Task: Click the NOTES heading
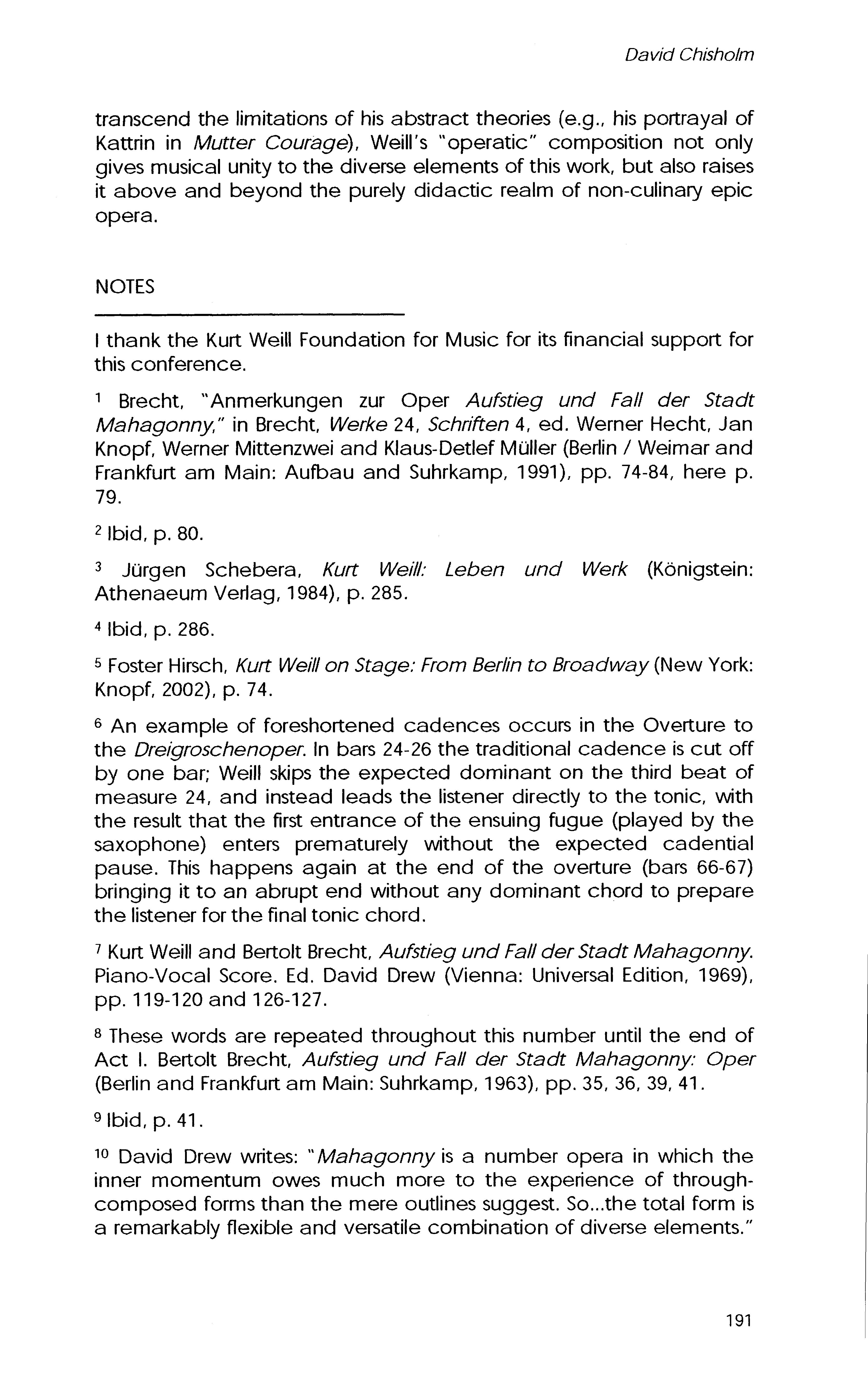125,287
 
